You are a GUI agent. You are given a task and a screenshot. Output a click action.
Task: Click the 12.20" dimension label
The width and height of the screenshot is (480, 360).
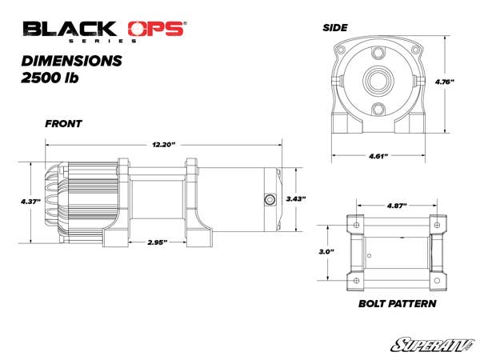163,144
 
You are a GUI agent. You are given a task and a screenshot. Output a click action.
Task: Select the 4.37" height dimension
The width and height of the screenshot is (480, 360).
30,202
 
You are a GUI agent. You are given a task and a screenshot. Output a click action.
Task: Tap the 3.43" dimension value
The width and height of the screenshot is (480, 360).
297,198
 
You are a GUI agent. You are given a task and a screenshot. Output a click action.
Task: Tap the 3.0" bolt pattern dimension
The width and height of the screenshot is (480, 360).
325,252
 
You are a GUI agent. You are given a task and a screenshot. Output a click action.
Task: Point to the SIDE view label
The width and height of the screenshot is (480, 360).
334,27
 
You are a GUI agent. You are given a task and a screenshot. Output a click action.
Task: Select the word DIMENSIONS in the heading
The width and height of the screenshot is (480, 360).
72,60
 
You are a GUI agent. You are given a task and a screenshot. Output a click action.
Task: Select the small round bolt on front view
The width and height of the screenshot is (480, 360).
269,198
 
